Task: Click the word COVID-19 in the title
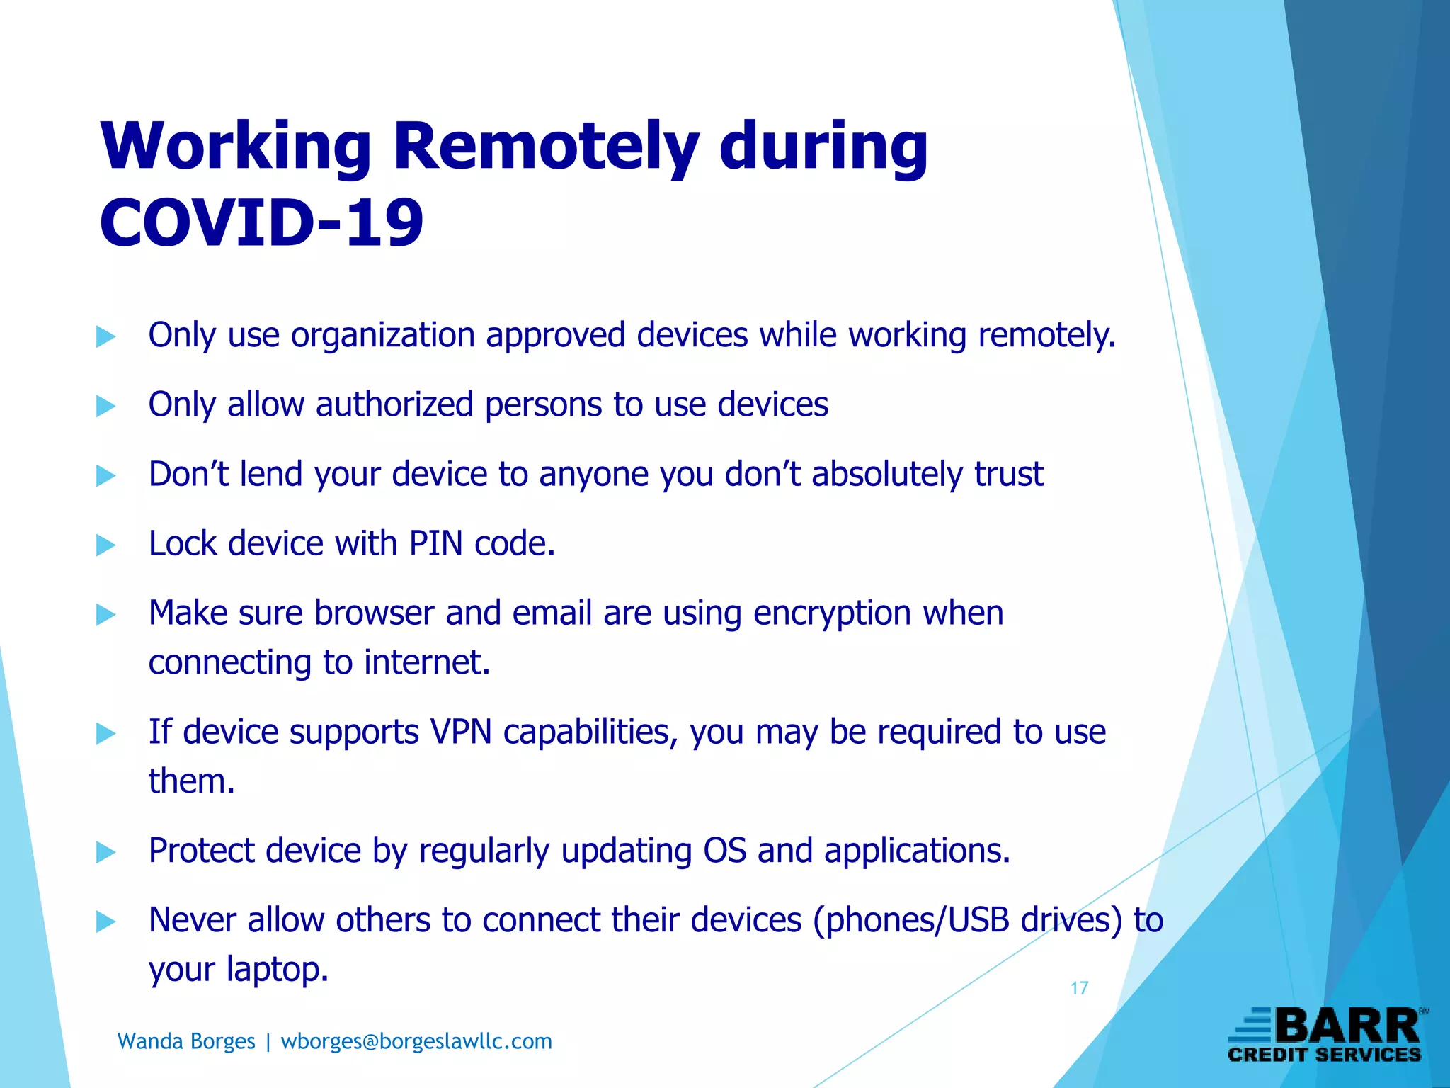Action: coord(261,223)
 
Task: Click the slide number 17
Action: coord(1079,988)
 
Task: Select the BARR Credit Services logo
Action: coord(1325,1036)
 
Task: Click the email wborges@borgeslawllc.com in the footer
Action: coord(416,1041)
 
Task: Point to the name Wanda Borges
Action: coord(186,1041)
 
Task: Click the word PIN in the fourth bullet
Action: coord(435,544)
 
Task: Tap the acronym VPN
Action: coord(461,732)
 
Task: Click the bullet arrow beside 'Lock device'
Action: coord(105,545)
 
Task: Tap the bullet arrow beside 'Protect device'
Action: coord(105,852)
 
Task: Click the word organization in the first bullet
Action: coord(382,335)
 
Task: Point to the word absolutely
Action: coord(886,474)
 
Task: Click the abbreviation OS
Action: coord(724,851)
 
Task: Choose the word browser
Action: coord(374,613)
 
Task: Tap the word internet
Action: coord(427,662)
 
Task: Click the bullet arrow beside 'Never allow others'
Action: coord(105,922)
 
